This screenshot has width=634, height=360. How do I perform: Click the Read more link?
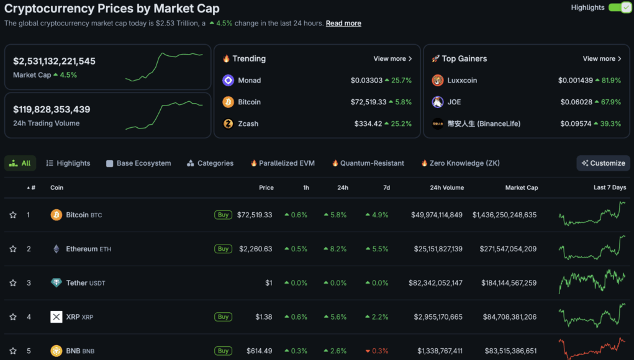[x=343, y=24]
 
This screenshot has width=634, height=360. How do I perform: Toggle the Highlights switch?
[x=619, y=7]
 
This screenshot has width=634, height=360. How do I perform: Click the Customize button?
[x=603, y=163]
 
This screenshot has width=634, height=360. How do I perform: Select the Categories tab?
[x=210, y=163]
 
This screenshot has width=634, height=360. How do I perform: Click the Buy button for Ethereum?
[x=223, y=249]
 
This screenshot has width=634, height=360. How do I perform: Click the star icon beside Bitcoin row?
[x=13, y=215]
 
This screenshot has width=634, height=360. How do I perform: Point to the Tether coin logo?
[x=57, y=283]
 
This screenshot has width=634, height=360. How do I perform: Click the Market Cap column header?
[x=522, y=187]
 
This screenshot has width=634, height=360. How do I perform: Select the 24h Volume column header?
[x=446, y=187]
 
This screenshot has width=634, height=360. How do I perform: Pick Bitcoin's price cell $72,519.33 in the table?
[x=255, y=215]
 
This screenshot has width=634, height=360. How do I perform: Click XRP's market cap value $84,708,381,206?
[x=509, y=317]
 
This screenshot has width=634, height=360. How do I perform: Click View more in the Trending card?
[x=392, y=59]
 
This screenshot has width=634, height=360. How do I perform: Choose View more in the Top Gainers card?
[x=602, y=59]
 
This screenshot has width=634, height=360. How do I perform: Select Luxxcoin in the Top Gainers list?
[x=462, y=80]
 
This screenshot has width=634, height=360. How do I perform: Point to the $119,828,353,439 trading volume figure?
[x=52, y=109]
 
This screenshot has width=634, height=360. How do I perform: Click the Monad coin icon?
[x=228, y=80]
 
